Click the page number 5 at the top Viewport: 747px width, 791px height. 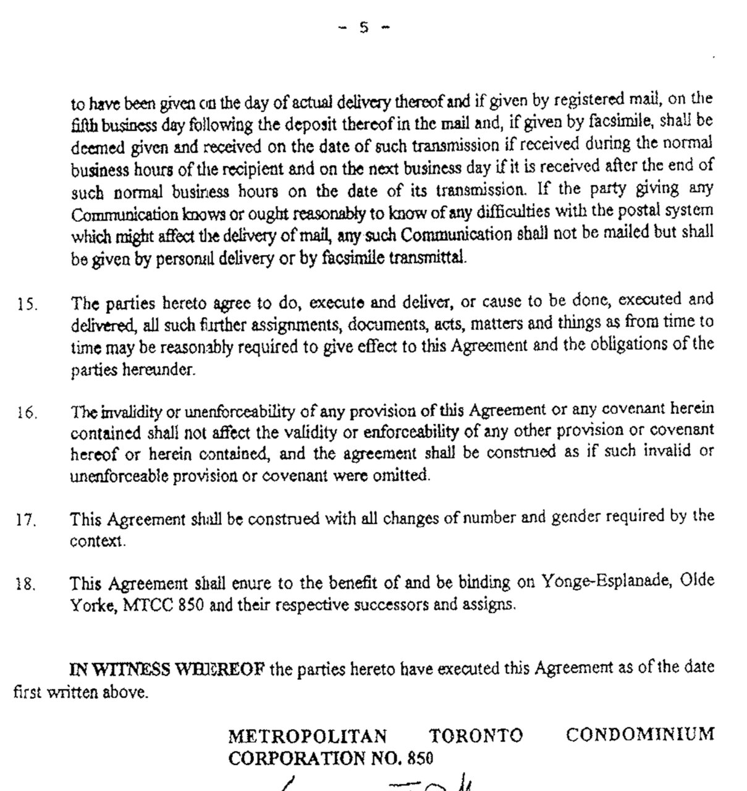click(364, 27)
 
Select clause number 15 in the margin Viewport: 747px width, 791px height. click(27, 305)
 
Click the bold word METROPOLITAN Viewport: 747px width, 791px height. click(308, 736)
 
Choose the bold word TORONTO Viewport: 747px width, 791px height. click(476, 736)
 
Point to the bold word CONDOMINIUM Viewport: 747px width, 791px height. click(639, 735)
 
